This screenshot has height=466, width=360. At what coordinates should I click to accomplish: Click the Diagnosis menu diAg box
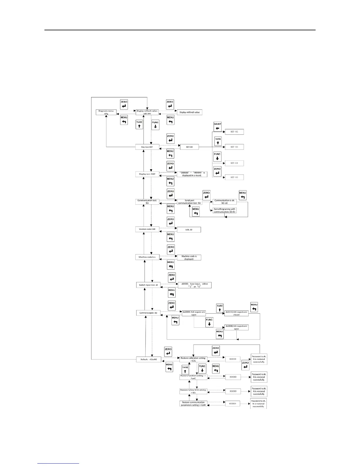pos(106,112)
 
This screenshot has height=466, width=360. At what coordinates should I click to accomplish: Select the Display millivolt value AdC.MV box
pos(147,112)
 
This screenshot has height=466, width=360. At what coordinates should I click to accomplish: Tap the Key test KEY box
pos(147,147)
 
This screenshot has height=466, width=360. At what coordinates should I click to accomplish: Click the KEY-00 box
pos(189,147)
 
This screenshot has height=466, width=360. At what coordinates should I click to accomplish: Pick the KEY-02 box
pos(234,132)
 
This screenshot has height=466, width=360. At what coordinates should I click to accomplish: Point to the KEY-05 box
pos(234,177)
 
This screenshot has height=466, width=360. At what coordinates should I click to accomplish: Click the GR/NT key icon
pos(217,127)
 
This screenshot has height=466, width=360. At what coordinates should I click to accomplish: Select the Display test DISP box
pos(147,174)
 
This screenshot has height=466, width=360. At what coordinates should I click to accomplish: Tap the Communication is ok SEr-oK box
pos(225,202)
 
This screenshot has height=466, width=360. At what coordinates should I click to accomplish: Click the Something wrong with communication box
pos(224,211)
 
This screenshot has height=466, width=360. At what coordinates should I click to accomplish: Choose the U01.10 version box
pos(189,229)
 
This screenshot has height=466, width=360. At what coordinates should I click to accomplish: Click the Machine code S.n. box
pos(147,257)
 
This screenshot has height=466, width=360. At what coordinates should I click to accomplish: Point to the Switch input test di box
pos(148,285)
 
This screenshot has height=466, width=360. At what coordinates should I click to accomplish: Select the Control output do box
pos(148,313)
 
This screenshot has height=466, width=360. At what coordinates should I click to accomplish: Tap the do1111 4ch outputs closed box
pos(236,313)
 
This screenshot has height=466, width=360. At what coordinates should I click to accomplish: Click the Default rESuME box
pos(149,360)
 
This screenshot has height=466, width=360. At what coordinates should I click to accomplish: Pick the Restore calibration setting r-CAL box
pos(193,359)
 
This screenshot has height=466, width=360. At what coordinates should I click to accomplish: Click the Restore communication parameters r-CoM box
pos(193,404)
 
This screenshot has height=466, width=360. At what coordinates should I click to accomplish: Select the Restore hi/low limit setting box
pos(193,391)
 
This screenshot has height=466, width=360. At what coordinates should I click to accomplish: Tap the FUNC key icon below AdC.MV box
pos(155,125)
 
